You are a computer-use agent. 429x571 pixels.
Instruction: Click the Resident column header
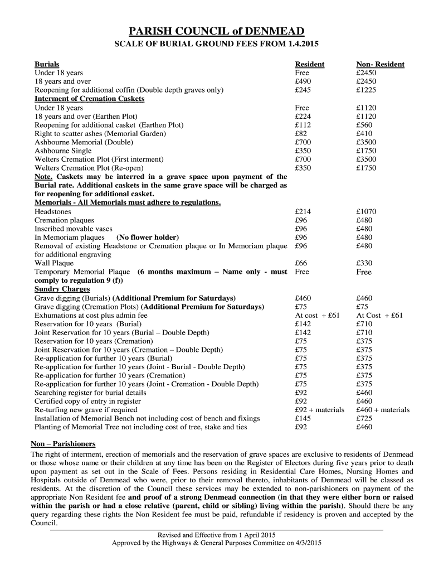(309, 64)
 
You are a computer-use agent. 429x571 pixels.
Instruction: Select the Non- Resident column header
(380, 64)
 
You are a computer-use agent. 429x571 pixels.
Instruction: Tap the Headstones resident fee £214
(303, 211)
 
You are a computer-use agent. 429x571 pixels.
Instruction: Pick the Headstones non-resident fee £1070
(367, 211)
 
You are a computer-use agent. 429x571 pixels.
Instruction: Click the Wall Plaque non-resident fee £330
(364, 263)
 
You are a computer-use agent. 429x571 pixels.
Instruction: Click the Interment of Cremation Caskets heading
(89, 99)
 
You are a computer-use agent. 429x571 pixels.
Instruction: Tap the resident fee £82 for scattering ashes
(301, 134)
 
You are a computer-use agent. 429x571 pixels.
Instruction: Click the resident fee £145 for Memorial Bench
(303, 418)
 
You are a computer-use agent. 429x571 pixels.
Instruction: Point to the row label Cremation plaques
(64, 220)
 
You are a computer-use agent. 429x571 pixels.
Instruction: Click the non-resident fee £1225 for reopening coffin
(367, 90)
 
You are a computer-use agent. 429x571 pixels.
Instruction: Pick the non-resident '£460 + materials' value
(383, 410)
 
